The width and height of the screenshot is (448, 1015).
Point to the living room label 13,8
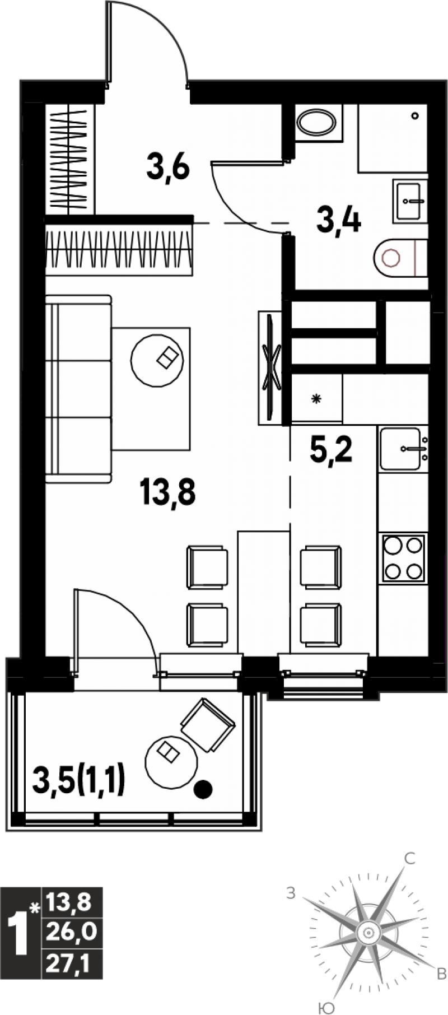[x=167, y=493]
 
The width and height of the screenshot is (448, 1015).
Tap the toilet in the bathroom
[x=400, y=258]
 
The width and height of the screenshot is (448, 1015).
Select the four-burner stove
[x=403, y=558]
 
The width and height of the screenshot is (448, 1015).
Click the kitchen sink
[x=403, y=448]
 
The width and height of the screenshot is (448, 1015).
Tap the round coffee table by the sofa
[x=157, y=360]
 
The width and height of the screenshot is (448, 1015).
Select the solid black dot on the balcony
[x=203, y=790]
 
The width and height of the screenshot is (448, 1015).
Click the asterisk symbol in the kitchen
[x=316, y=399]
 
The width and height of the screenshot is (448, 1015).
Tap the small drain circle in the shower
[x=414, y=116]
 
